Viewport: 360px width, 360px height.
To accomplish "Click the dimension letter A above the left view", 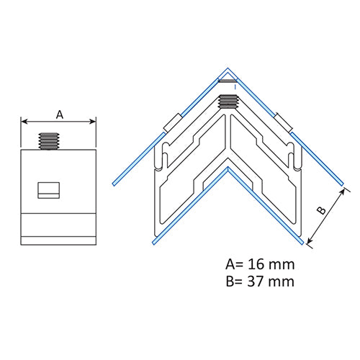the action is coord(60,114).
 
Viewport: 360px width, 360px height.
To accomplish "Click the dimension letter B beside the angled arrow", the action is coord(321,210).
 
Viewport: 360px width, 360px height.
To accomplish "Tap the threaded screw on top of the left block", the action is coord(49,141).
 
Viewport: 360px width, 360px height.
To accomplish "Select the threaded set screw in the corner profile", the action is coord(228,102).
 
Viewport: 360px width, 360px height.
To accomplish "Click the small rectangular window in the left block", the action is coord(49,190).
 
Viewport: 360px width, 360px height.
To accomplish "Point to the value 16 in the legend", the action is coord(256,264).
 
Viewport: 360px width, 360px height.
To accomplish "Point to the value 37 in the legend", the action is coord(256,282).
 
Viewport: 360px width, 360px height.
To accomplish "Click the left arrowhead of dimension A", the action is coord(24,122).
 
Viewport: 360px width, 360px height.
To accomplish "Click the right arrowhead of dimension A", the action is coord(93,122).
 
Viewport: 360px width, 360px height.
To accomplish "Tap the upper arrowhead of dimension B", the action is coord(343,192).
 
